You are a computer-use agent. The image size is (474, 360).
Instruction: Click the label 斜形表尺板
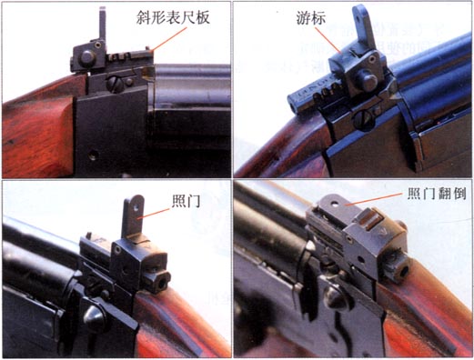(x=173, y=17)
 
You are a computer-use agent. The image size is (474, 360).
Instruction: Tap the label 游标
(x=311, y=18)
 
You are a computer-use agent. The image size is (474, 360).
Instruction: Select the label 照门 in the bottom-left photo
(x=186, y=201)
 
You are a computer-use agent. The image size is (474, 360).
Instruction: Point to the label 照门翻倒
(x=437, y=194)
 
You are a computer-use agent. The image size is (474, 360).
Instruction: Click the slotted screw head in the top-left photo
(x=116, y=85)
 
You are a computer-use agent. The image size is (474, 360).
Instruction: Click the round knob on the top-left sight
(x=87, y=58)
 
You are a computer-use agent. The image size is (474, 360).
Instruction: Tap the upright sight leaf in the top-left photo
(x=103, y=25)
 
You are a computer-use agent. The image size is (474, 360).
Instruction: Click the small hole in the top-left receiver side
(x=93, y=155)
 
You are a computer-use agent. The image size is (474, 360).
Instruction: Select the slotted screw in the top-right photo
(x=364, y=119)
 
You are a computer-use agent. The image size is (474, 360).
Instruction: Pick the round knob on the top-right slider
(x=368, y=81)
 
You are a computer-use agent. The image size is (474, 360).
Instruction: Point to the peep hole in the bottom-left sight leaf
(x=136, y=207)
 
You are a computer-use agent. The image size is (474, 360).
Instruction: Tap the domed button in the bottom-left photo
(x=94, y=316)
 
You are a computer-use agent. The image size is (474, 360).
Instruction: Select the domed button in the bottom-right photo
(x=338, y=298)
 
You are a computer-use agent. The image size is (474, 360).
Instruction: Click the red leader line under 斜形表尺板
(x=169, y=40)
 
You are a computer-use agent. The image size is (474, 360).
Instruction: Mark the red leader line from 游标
(x=328, y=40)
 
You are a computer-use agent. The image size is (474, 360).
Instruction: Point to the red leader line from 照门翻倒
(x=375, y=199)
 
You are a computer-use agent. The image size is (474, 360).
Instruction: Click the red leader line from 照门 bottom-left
(x=153, y=214)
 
